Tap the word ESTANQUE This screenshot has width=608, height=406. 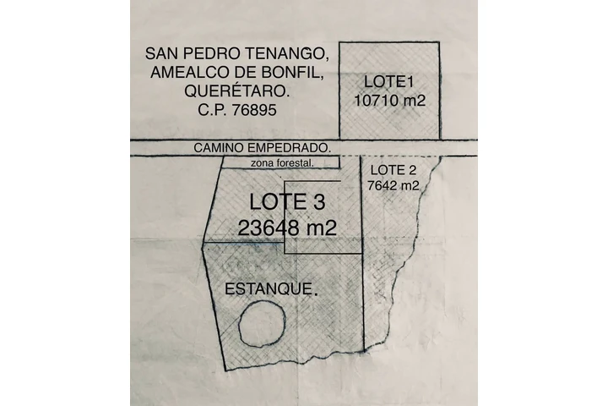tap(268, 288)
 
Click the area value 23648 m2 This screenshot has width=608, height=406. tap(288, 228)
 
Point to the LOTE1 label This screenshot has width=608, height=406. tap(389, 81)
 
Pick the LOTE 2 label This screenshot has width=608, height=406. tap(394, 170)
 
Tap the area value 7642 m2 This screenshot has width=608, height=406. tap(394, 185)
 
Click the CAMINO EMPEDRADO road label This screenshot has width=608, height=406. tap(262, 147)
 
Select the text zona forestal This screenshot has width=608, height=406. tap(282, 163)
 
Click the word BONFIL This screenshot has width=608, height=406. tap(306, 73)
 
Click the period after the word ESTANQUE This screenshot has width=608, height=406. tap(316, 293)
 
